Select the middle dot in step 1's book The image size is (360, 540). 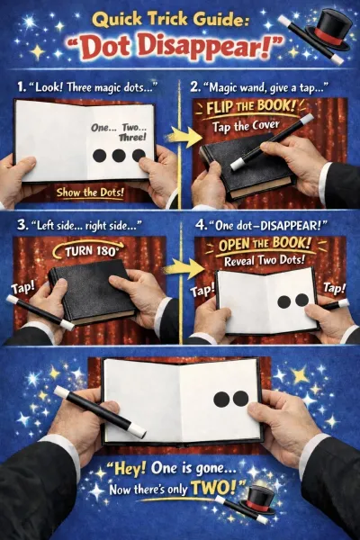(119, 156)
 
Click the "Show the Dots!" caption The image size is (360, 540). (90, 193)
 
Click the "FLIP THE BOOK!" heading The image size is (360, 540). (251, 107)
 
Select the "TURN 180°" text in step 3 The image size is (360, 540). (91, 251)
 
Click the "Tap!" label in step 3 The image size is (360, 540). (22, 288)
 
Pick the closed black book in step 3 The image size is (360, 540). (93, 292)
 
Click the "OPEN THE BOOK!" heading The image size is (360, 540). (265, 245)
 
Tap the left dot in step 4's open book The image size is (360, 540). (284, 301)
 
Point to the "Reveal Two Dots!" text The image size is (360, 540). (265, 260)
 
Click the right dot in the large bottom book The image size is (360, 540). (241, 398)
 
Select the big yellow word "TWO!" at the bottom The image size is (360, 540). (214, 488)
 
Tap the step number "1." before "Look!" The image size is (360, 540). (22, 87)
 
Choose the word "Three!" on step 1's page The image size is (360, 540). (132, 138)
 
